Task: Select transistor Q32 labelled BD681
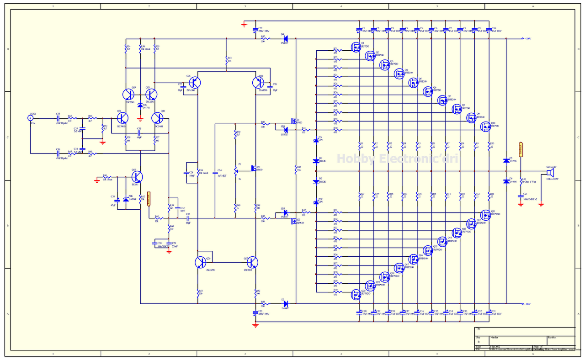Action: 138,177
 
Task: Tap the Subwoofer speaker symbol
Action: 549,173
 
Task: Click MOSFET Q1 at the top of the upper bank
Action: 355,47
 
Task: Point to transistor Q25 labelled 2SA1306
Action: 194,83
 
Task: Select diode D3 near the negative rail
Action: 285,303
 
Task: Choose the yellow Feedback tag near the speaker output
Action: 521,148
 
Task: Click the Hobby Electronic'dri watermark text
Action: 397,159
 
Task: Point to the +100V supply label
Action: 527,39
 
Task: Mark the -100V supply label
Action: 527,304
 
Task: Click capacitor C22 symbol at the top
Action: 255,30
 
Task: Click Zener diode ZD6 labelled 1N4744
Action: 126,199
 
